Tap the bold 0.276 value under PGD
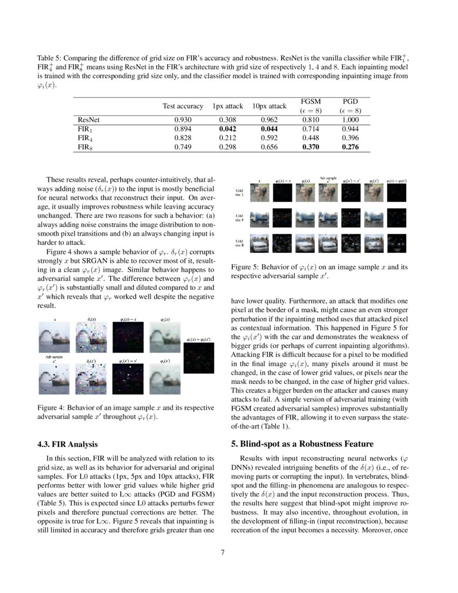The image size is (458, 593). (350, 147)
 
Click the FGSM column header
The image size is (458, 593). (310, 101)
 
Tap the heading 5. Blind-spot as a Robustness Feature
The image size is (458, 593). (302, 444)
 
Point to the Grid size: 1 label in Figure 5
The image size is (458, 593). (240, 193)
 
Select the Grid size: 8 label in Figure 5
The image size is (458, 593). (240, 243)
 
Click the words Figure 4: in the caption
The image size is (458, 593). (50, 408)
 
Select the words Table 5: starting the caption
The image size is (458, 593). (50, 58)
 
